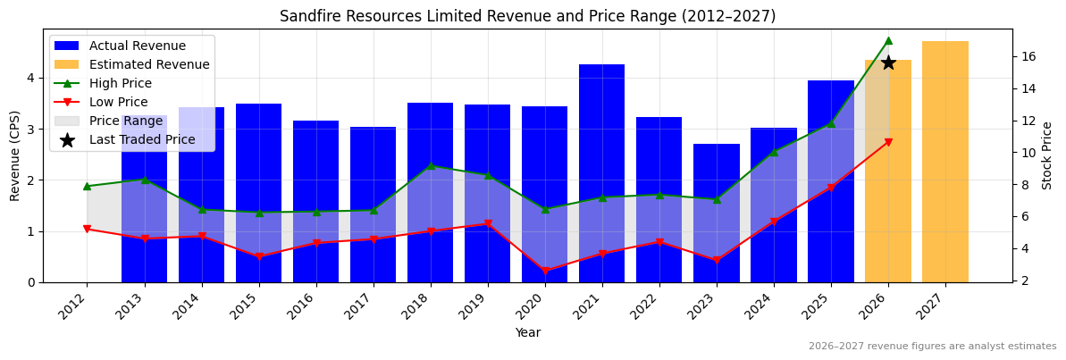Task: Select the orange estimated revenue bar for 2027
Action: point(944,161)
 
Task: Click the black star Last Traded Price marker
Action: point(888,63)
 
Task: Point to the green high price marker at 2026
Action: point(888,40)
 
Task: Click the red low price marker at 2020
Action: point(545,271)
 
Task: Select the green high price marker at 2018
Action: point(431,165)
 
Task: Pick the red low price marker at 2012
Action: point(87,230)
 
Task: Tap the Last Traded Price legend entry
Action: point(142,139)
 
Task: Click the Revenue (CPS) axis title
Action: point(15,155)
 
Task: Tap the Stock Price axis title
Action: point(1047,155)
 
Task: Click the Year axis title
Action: point(527,332)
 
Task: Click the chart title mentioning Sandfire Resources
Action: point(527,16)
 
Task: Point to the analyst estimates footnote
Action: point(932,347)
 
